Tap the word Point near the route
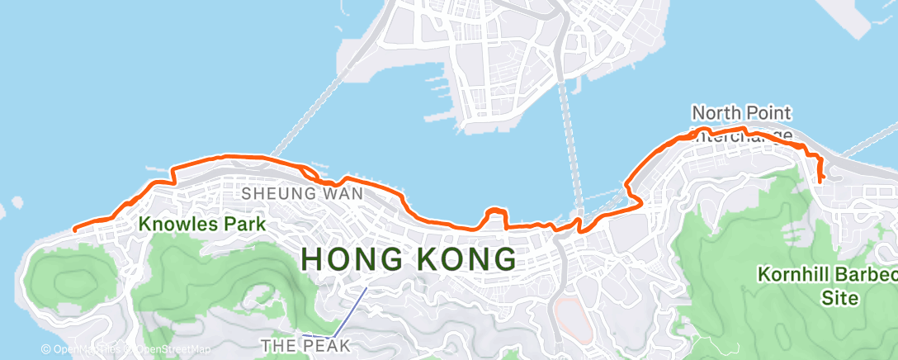coord(768,112)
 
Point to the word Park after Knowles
coord(246,223)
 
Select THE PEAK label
coord(305,344)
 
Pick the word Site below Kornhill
coord(840,297)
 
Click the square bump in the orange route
coord(494,216)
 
